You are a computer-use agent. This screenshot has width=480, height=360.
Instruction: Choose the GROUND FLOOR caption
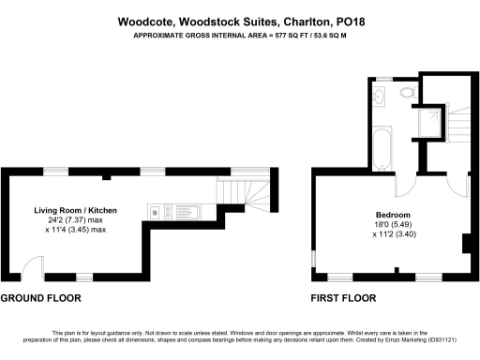pyautogui.click(x=40, y=298)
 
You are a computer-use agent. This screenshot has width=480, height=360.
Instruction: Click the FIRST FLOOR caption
pyautogui.click(x=343, y=298)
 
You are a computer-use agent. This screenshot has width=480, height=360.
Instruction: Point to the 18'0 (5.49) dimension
pyautogui.click(x=391, y=224)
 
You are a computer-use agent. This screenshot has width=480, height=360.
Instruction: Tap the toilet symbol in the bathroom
pyautogui.click(x=406, y=94)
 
